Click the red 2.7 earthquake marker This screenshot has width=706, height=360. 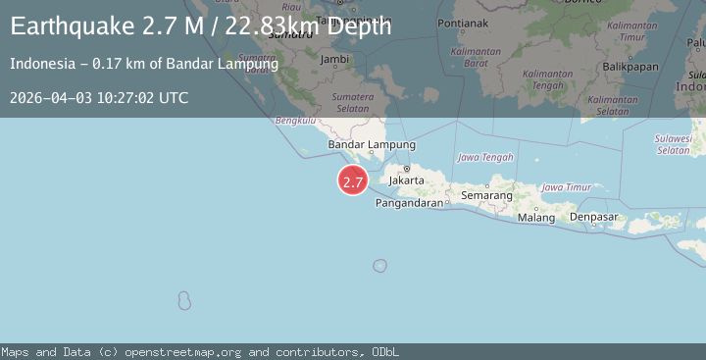(353, 181)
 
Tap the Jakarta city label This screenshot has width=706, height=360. (406, 180)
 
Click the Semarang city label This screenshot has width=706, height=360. (487, 196)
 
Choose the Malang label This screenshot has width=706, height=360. (536, 217)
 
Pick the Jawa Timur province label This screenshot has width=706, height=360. (567, 186)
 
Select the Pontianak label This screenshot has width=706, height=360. (464, 21)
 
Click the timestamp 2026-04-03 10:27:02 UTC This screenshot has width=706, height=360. (99, 97)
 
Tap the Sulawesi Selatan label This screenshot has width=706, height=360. (674, 144)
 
